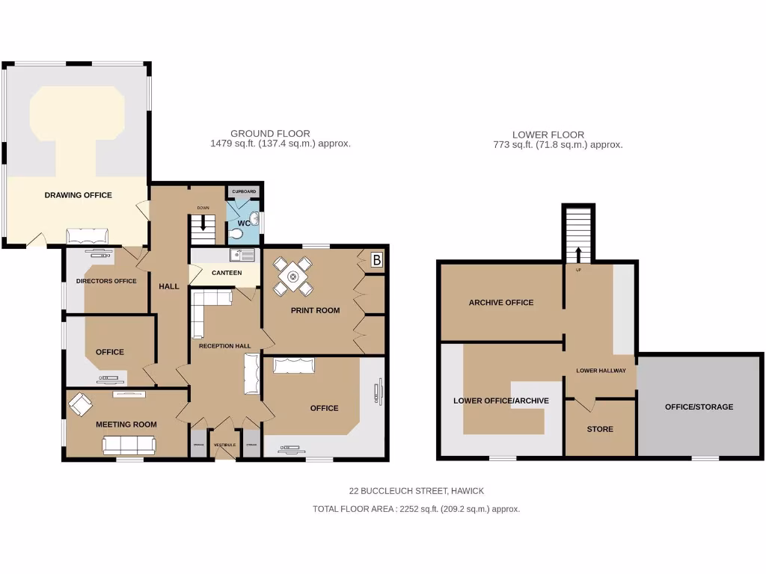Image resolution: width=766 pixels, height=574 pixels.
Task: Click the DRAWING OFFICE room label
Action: pyautogui.click(x=78, y=195)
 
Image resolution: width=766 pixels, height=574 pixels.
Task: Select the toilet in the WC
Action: pyautogui.click(x=237, y=234)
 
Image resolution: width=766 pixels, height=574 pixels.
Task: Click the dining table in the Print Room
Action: pyautogui.click(x=292, y=276)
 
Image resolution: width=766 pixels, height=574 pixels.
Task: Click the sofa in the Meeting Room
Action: pyautogui.click(x=129, y=445)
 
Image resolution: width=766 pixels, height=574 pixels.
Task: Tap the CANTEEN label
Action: pyautogui.click(x=227, y=273)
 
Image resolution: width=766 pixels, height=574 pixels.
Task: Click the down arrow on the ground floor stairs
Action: pyautogui.click(x=202, y=221)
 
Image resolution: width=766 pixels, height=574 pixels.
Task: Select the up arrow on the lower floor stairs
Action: pyautogui.click(x=578, y=253)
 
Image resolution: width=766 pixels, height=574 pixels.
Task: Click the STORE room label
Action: pyautogui.click(x=600, y=429)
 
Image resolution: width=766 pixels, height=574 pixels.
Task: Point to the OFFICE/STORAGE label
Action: pyautogui.click(x=699, y=407)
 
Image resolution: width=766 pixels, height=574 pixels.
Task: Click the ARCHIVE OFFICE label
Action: pyautogui.click(x=501, y=303)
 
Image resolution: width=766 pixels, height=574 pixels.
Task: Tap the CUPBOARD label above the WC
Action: pyautogui.click(x=243, y=192)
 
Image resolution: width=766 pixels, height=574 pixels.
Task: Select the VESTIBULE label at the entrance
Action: pyautogui.click(x=224, y=445)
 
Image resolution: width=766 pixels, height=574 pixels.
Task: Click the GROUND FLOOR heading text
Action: pyautogui.click(x=270, y=134)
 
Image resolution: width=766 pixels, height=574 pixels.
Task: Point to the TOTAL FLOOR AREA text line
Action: pyautogui.click(x=416, y=509)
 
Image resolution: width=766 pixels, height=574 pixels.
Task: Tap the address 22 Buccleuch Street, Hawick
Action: pyautogui.click(x=417, y=491)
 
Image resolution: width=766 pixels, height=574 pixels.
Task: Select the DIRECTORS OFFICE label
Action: pyautogui.click(x=106, y=281)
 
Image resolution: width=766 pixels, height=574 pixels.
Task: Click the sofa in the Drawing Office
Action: pyautogui.click(x=88, y=237)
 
